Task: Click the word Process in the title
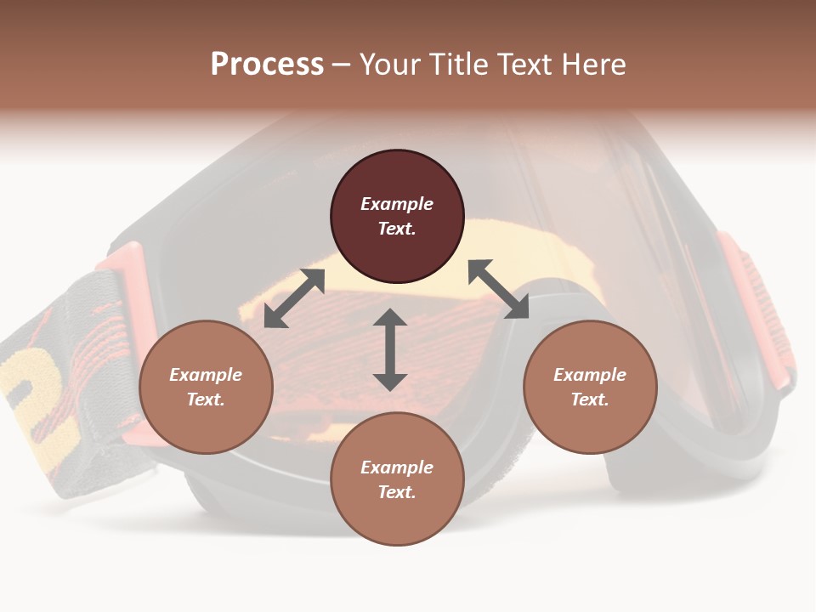point(267,65)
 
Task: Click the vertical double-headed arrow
point(390,349)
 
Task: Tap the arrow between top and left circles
point(294,298)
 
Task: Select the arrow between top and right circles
point(498,289)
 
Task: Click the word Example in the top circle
point(397,204)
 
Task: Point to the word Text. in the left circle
point(206,399)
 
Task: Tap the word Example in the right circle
point(590,375)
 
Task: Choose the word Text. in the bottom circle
point(397,492)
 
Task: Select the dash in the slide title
point(342,65)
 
